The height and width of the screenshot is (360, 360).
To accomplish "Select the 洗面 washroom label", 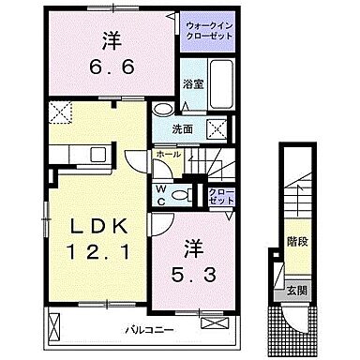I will (184, 129).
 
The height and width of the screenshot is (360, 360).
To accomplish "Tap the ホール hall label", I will (169, 153).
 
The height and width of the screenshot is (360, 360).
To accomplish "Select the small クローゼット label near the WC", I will (221, 195).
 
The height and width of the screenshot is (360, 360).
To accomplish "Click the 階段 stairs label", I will (295, 240).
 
